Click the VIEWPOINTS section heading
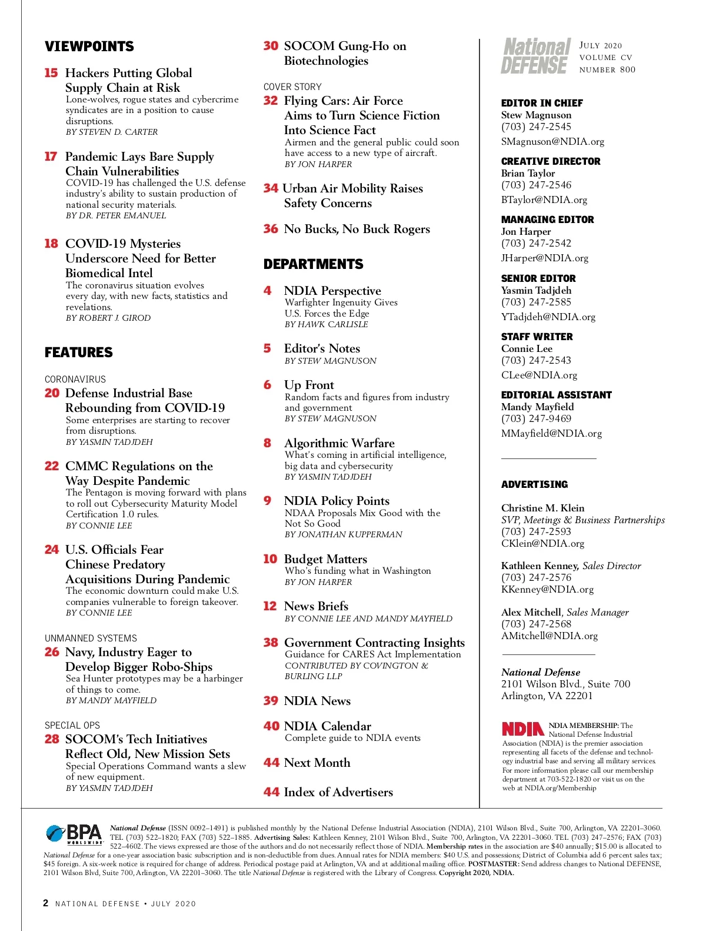(x=89, y=46)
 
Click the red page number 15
(x=51, y=73)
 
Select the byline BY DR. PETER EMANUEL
(x=116, y=215)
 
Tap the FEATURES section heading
(x=79, y=353)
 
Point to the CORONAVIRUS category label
(x=75, y=380)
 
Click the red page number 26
(x=52, y=652)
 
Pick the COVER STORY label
(x=292, y=87)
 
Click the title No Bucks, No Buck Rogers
(x=357, y=229)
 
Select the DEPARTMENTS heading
(x=314, y=264)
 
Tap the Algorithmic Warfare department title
(x=339, y=443)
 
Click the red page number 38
(x=271, y=643)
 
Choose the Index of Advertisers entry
(x=338, y=792)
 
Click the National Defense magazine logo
(x=535, y=56)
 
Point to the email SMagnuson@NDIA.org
(x=552, y=141)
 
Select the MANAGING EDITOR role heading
(x=547, y=220)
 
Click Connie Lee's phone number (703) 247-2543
(x=536, y=360)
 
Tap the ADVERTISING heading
(x=534, y=484)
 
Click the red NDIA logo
(x=522, y=729)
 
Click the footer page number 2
(x=46, y=903)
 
